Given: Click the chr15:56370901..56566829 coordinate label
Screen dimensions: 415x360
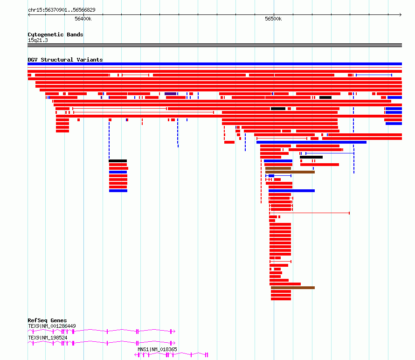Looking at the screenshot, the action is click(62, 10).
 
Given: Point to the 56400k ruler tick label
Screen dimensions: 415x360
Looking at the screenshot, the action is click(83, 19).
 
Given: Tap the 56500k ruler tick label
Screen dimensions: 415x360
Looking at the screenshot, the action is click(273, 19).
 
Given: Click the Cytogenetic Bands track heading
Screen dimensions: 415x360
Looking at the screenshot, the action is click(55, 35).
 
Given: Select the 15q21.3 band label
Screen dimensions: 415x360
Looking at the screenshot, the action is click(38, 40).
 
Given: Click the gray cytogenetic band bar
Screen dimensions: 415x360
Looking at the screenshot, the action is click(214, 45).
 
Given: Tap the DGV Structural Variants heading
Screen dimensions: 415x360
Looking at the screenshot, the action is click(65, 60).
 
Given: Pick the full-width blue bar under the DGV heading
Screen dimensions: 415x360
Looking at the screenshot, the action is click(214, 64).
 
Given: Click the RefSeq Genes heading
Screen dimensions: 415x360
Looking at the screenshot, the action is click(47, 320).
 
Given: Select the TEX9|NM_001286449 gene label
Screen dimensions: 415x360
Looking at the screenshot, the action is click(52, 326).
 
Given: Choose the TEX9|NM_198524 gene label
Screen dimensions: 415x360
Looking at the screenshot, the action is click(48, 338).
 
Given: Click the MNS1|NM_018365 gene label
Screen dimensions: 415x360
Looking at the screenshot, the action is click(157, 349).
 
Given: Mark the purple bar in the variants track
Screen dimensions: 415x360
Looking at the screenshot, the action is click(171, 94).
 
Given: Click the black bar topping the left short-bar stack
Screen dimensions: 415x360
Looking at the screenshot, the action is click(118, 161).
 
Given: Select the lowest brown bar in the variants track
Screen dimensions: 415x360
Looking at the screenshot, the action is click(293, 288).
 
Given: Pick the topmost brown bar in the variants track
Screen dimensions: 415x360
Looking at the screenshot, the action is click(278, 168).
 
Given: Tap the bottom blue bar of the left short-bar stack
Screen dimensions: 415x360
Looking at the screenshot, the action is click(118, 191).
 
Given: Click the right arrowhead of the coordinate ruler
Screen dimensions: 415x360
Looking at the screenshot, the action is click(401, 15).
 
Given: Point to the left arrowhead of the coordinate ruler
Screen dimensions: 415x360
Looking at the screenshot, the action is click(29, 15).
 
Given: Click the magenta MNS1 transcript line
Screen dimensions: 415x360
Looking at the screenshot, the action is click(171, 355).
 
